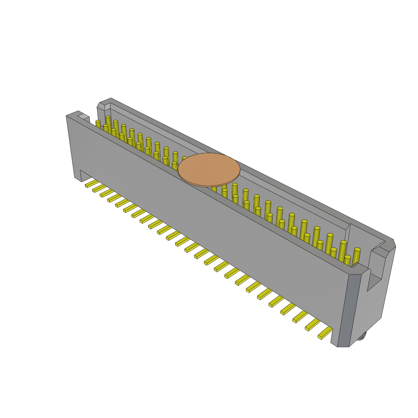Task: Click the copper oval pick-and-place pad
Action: [x=209, y=169]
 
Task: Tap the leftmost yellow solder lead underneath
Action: [x=91, y=183]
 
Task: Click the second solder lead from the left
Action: [x=99, y=188]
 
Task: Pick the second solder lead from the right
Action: [x=313, y=325]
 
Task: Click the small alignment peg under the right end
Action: [x=362, y=336]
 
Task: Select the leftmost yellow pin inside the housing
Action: [x=98, y=124]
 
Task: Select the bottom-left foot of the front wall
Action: [x=78, y=177]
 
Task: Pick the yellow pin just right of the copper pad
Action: [x=235, y=190]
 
